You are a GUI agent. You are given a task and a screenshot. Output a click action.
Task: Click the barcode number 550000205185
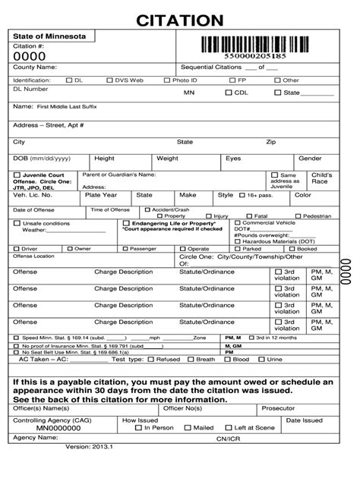coord(254,56)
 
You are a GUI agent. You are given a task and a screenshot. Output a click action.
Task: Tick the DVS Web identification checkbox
coord(109,80)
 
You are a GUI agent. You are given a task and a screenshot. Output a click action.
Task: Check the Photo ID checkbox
coord(166,80)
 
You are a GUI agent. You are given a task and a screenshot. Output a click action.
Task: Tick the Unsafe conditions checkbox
coord(17,224)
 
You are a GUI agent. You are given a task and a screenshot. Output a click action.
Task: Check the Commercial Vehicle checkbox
coord(237,222)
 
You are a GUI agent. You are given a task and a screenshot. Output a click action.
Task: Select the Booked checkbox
coord(292,248)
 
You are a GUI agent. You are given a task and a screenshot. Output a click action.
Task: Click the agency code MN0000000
coord(39,428)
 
